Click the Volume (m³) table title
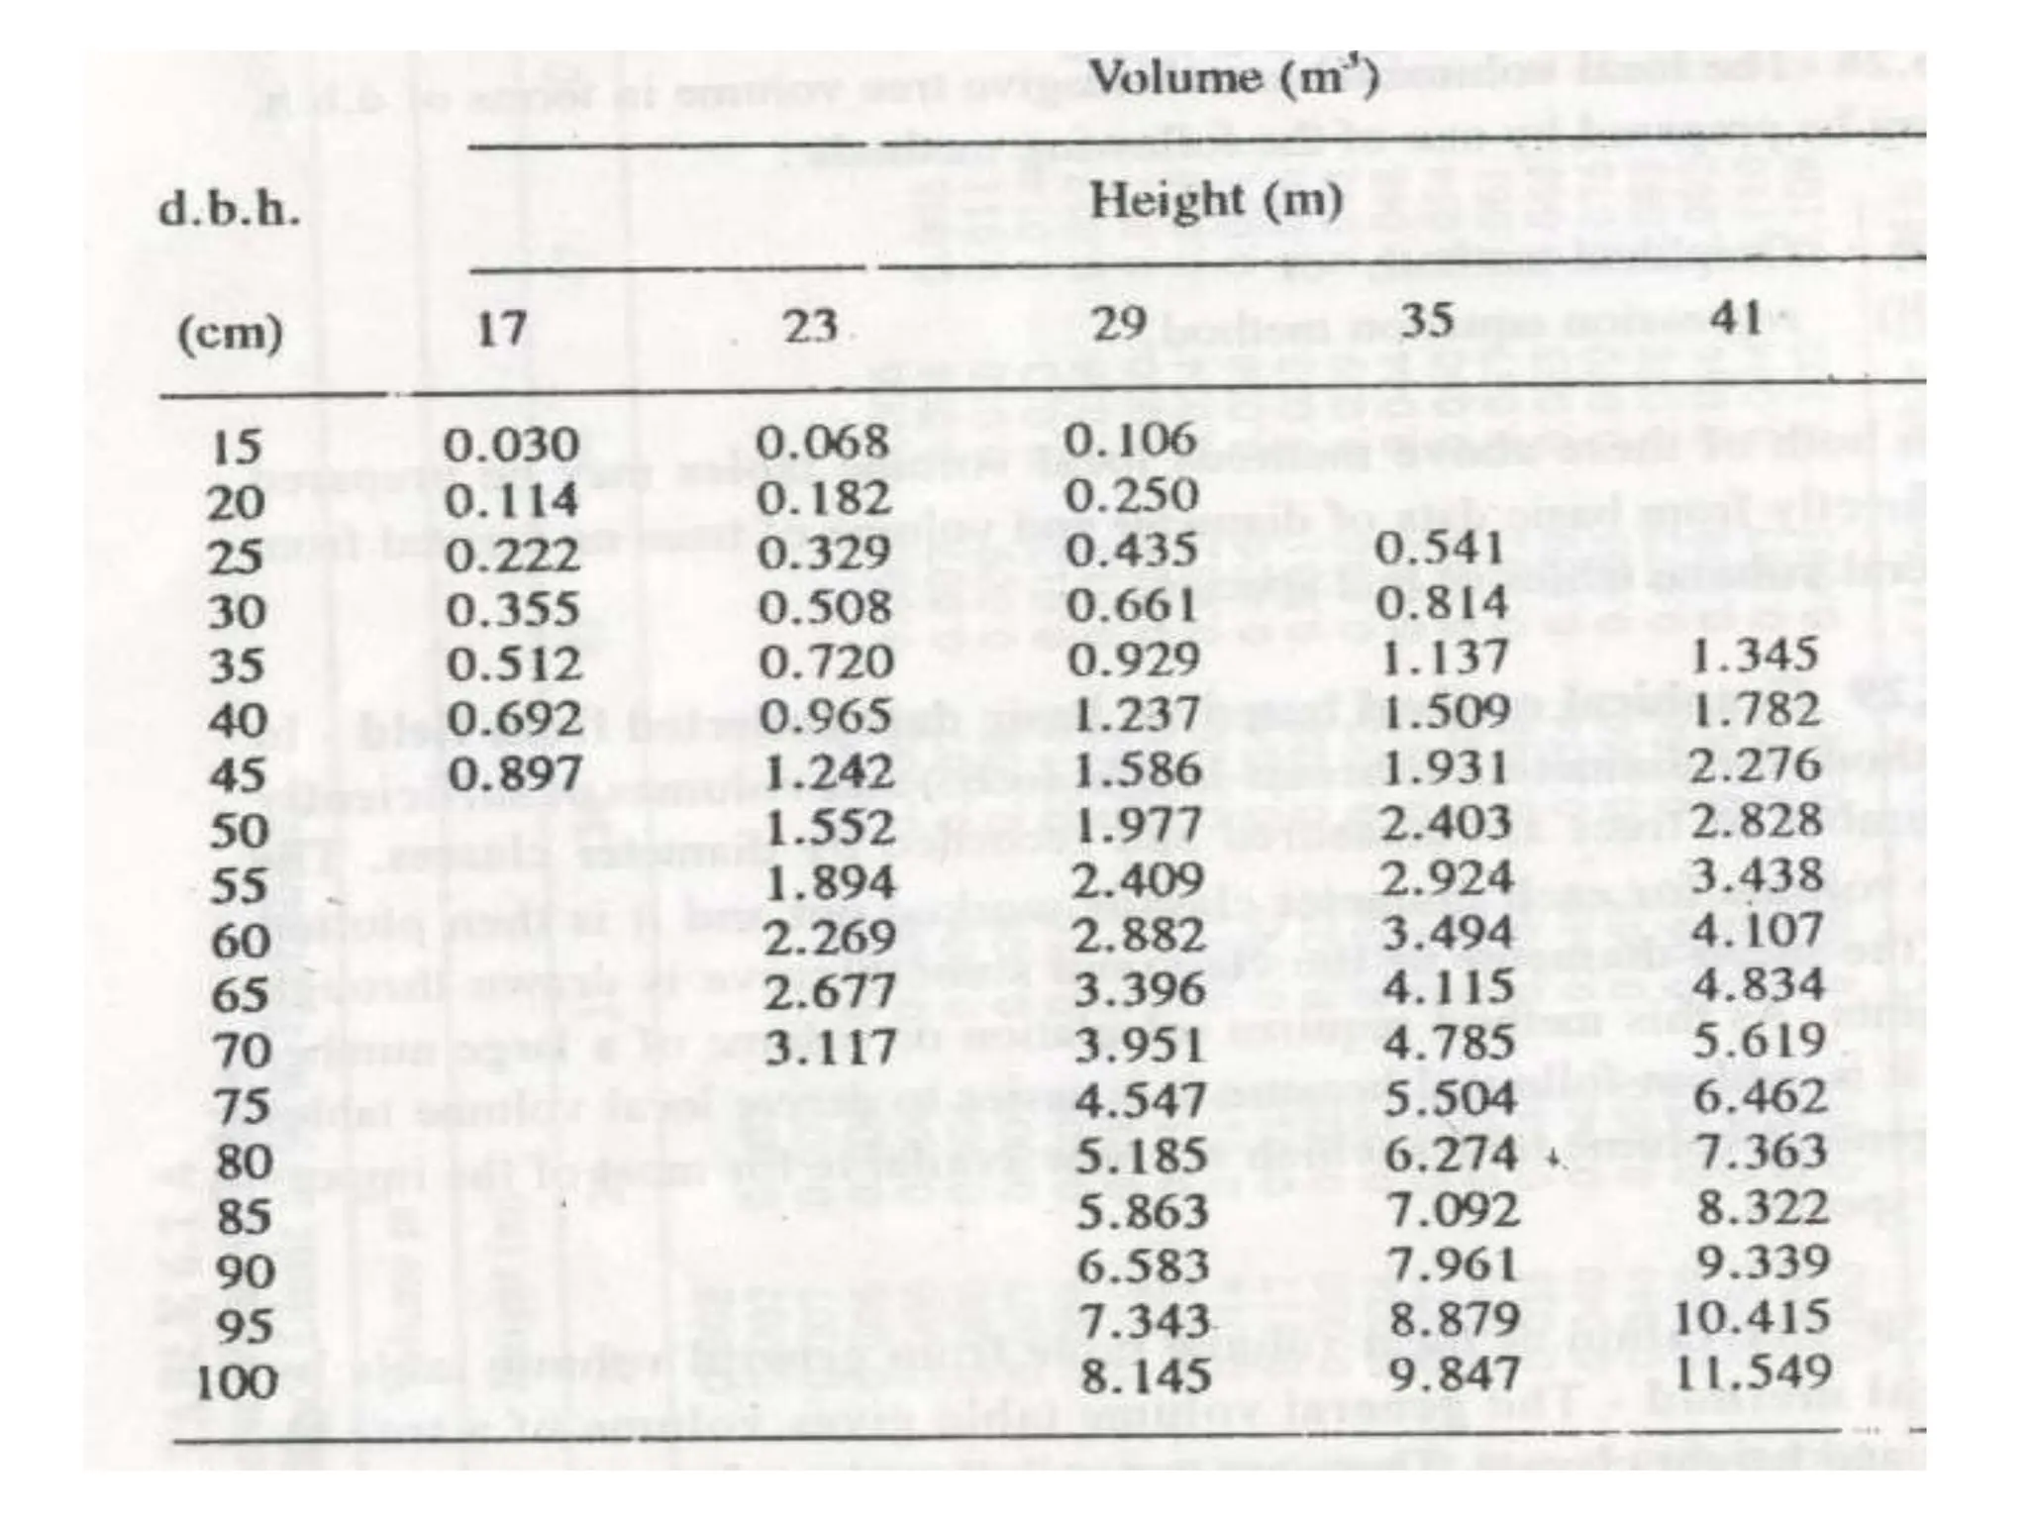pyautogui.click(x=1233, y=78)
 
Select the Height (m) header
pyautogui.click(x=1217, y=202)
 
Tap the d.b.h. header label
pyautogui.click(x=229, y=211)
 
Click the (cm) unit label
pyautogui.click(x=229, y=333)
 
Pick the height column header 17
pyautogui.click(x=501, y=328)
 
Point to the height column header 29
pyautogui.click(x=1120, y=323)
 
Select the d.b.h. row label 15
pyautogui.click(x=237, y=449)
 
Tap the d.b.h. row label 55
pyautogui.click(x=239, y=884)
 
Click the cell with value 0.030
pyautogui.click(x=510, y=445)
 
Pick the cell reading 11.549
pyautogui.click(x=1752, y=1372)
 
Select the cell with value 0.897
pyautogui.click(x=514, y=772)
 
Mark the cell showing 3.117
pyautogui.click(x=830, y=1046)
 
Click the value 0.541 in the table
pyautogui.click(x=1440, y=549)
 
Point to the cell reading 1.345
pyautogui.click(x=1754, y=656)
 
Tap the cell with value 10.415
pyautogui.click(x=1751, y=1318)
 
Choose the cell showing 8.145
pyautogui.click(x=1145, y=1376)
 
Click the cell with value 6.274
pyautogui.click(x=1450, y=1155)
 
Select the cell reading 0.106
pyautogui.click(x=1131, y=440)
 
